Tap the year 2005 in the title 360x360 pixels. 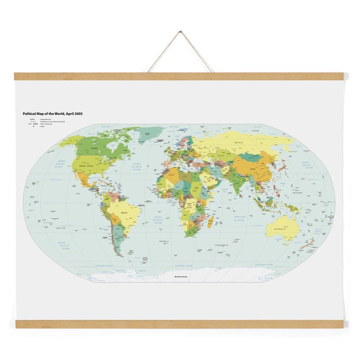click(77, 114)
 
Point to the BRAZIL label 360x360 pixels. click(124, 212)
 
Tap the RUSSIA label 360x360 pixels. click(239, 143)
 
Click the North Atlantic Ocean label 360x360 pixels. click(136, 166)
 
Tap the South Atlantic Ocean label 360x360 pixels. click(157, 220)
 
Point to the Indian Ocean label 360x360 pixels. click(239, 218)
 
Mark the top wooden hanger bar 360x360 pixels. click(180, 76)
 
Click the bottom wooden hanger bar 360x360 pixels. click(180, 324)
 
